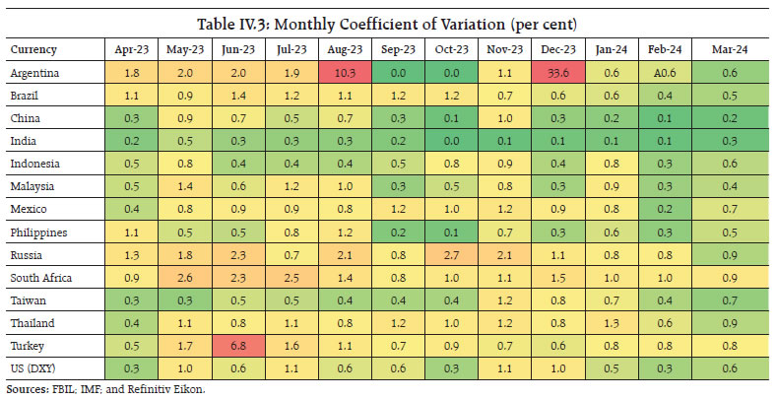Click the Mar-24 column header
729,48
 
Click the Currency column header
32,48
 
